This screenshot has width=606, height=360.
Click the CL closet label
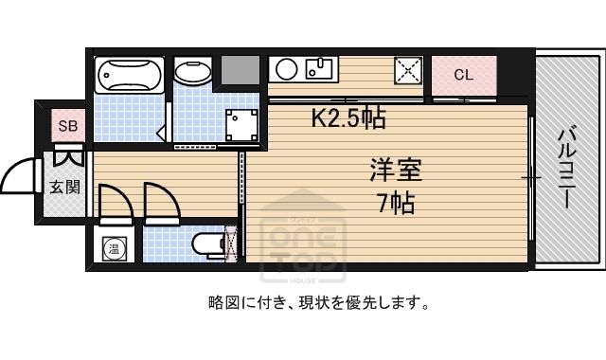point(463,74)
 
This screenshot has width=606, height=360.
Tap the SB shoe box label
point(67,126)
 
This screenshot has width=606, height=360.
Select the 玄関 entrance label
point(64,188)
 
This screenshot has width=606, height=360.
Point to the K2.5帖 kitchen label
point(348,118)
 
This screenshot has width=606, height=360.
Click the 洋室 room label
point(396,170)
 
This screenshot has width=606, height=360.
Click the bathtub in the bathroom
point(129,75)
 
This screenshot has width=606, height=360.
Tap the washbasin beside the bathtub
point(193,71)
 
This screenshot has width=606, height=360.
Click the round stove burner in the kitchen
point(286,69)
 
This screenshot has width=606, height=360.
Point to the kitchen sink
point(319,68)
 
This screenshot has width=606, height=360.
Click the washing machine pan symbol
point(241,125)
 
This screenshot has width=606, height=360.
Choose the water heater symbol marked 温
point(114,248)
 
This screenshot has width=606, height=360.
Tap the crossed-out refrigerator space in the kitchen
point(408,70)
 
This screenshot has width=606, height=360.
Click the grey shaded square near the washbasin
point(240,69)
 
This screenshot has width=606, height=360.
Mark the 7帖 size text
point(396,204)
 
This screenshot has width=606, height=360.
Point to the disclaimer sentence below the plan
point(319,303)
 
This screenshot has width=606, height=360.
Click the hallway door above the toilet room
point(162,204)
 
